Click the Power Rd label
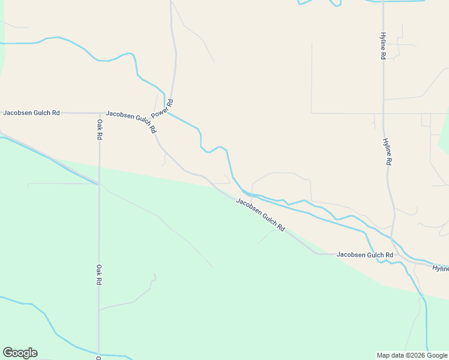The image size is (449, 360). [x=163, y=109]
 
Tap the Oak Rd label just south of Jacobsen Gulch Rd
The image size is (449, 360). [x=100, y=130]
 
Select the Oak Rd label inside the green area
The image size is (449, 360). [x=100, y=275]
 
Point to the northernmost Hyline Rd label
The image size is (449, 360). [x=382, y=46]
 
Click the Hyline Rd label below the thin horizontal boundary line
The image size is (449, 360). [x=388, y=152]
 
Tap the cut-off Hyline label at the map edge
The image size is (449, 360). [x=441, y=268]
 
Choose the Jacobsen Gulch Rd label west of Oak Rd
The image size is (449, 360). [x=31, y=112]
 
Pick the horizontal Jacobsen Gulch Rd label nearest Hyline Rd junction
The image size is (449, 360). [x=364, y=254]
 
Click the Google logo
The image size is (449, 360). [x=20, y=353]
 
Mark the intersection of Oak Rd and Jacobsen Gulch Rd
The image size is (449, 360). [x=100, y=112]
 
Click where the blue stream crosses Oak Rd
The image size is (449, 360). [x=100, y=354]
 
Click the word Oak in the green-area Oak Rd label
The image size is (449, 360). [x=100, y=268]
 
